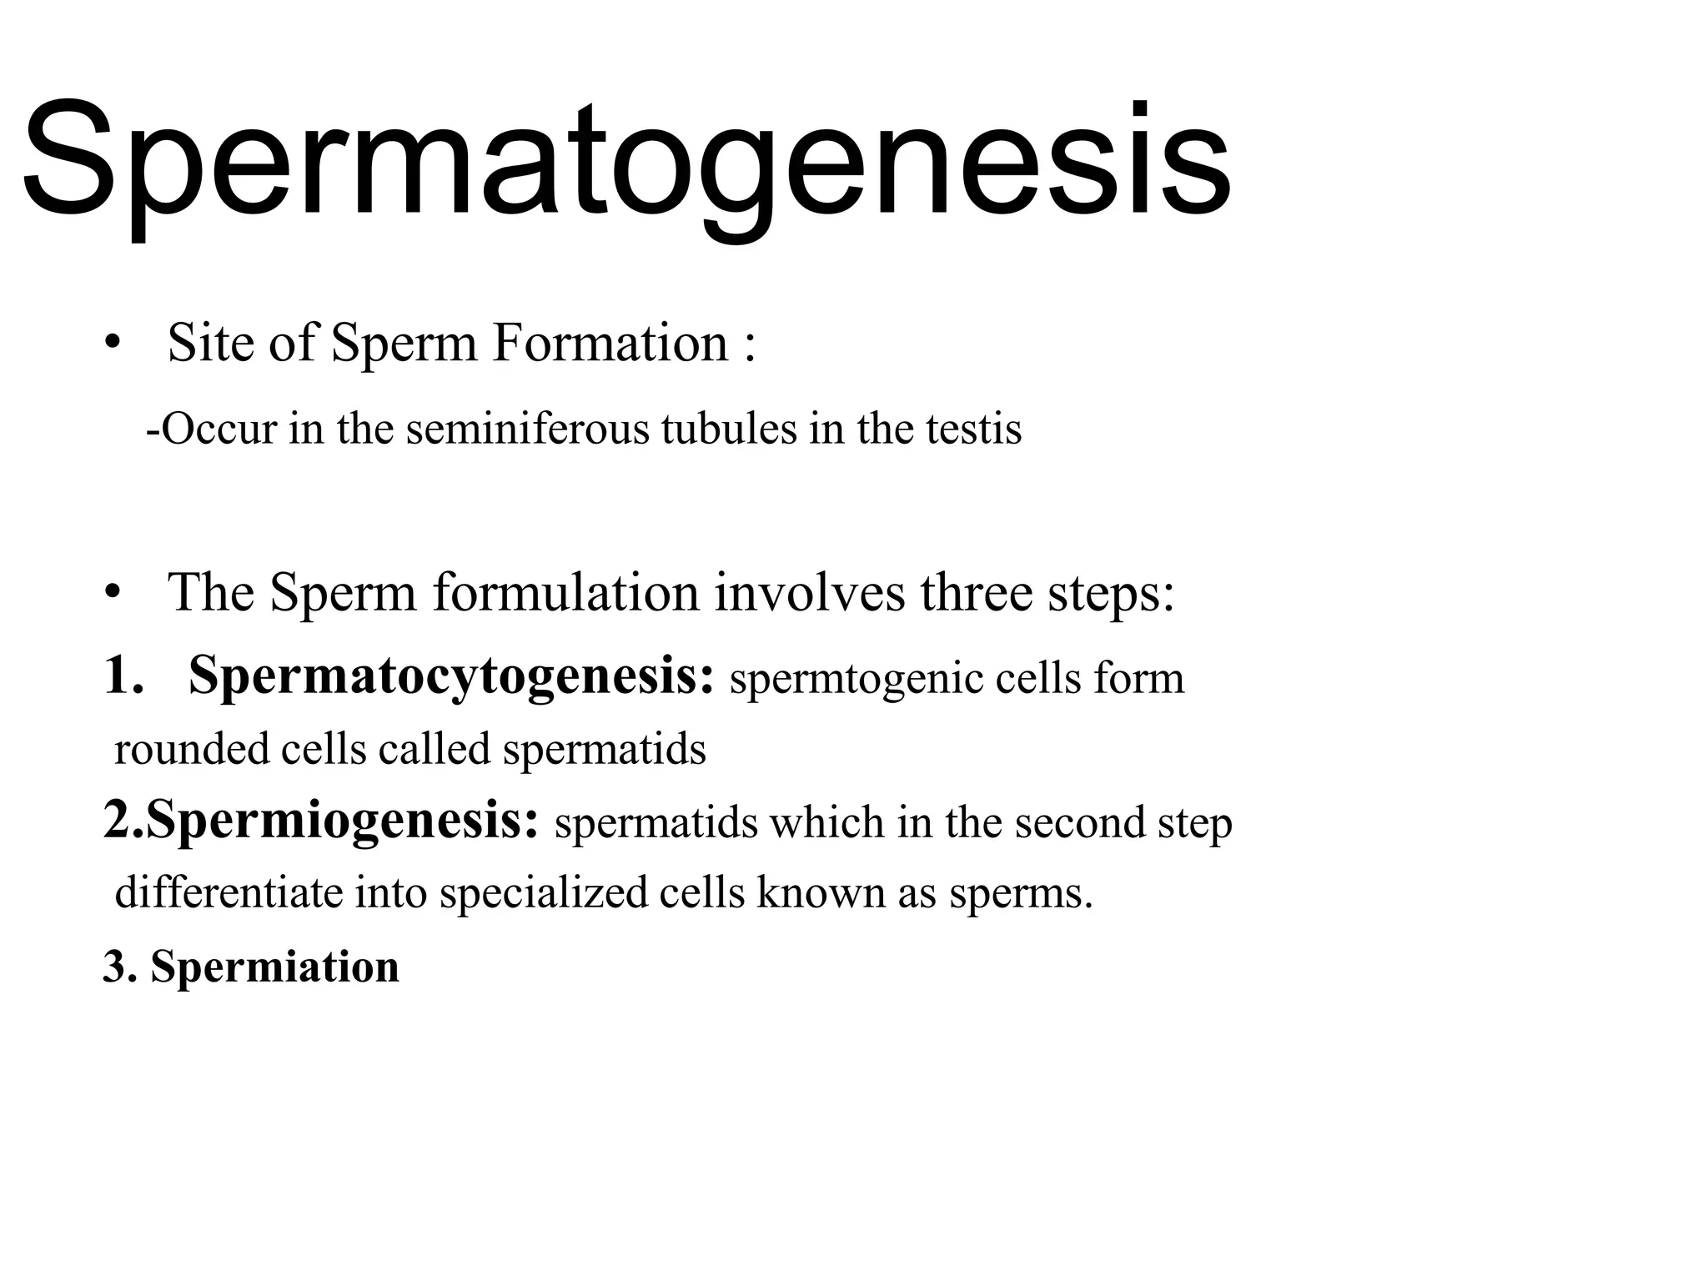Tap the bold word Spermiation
(x=275, y=967)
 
